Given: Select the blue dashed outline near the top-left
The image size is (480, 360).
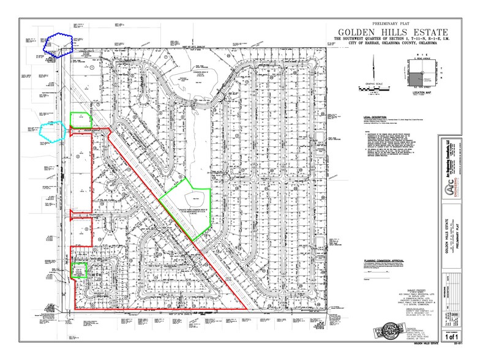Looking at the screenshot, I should [61, 44].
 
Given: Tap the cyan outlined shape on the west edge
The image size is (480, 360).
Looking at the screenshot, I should [53, 131].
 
